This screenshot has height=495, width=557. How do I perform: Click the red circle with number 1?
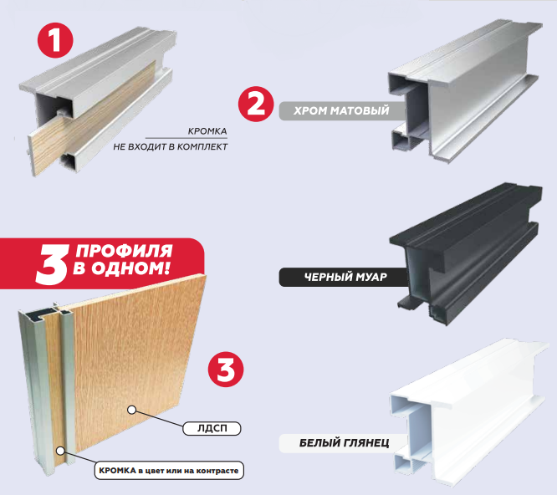[x=55, y=40]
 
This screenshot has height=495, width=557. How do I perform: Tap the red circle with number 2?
[x=256, y=104]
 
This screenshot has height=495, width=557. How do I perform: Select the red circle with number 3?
[x=226, y=370]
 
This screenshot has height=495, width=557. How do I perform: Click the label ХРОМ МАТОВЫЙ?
[x=342, y=110]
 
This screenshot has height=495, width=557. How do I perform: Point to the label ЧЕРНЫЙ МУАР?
[x=345, y=277]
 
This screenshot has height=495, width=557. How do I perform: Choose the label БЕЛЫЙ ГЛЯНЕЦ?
[x=344, y=443]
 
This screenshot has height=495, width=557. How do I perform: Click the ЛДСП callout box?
[x=212, y=428]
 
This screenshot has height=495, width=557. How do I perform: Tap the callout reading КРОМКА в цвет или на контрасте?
[x=169, y=471]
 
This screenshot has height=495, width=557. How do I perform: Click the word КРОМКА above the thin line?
[x=207, y=131]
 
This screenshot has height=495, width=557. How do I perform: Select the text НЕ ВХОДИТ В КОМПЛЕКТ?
[x=170, y=146]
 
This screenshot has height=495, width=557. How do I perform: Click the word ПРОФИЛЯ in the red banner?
[x=124, y=251]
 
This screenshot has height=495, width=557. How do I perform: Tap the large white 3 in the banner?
[x=52, y=264]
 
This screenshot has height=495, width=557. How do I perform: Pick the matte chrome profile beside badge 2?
[x=465, y=90]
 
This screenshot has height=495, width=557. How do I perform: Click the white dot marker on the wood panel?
[x=132, y=411]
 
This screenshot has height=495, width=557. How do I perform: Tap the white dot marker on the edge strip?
[x=61, y=451]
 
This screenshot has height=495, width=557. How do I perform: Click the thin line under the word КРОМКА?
[x=187, y=138]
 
